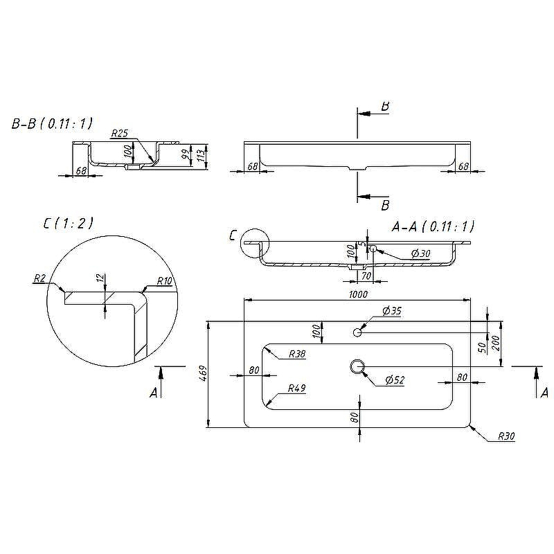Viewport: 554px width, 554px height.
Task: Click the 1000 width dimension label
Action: pyautogui.click(x=358, y=294)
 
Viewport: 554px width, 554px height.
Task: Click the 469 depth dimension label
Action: pyautogui.click(x=203, y=373)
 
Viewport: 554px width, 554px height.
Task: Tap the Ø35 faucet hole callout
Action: pyautogui.click(x=392, y=311)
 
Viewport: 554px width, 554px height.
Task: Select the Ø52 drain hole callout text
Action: pyautogui.click(x=395, y=379)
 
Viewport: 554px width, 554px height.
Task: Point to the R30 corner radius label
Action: pyautogui.click(x=506, y=436)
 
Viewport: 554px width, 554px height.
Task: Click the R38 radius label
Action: pyautogui.click(x=297, y=354)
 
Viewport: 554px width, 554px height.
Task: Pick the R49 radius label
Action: pyautogui.click(x=297, y=388)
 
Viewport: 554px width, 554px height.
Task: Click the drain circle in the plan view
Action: pyautogui.click(x=357, y=366)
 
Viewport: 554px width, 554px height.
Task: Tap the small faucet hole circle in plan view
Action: pyautogui.click(x=357, y=332)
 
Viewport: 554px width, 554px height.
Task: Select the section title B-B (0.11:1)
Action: pyautogui.click(x=52, y=124)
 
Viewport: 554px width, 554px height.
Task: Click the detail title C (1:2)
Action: pyautogui.click(x=68, y=223)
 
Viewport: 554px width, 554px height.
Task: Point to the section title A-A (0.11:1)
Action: pyautogui.click(x=433, y=226)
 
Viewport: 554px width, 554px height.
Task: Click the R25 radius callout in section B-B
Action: pyautogui.click(x=119, y=133)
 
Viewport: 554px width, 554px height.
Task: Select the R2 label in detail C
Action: pyautogui.click(x=39, y=278)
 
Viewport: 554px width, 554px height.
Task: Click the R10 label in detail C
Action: pyautogui.click(x=164, y=281)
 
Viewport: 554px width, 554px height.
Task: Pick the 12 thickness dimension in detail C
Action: pyautogui.click(x=101, y=278)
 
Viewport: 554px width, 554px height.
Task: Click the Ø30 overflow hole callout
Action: pyautogui.click(x=421, y=253)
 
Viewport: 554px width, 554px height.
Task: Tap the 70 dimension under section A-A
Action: pyautogui.click(x=366, y=275)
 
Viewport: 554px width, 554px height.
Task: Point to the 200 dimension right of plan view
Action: pyautogui.click(x=495, y=343)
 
